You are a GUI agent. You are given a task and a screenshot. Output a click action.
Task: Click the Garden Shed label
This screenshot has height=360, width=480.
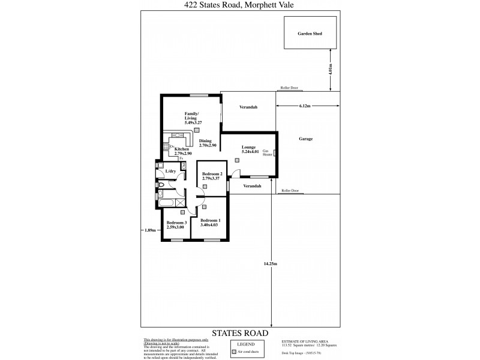point(310,34)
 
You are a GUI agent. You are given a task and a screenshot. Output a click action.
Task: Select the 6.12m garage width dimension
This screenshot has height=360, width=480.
point(304,106)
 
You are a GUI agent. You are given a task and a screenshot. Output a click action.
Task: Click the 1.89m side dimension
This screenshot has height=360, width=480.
point(150,230)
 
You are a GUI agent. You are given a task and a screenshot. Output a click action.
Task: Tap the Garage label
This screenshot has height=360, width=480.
point(305,139)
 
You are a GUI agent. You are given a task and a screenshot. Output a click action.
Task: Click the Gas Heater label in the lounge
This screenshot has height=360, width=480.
point(268,153)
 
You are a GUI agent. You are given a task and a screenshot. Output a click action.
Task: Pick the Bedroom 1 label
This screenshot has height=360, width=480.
point(211,223)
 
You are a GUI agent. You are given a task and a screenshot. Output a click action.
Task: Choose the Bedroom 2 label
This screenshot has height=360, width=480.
point(212,176)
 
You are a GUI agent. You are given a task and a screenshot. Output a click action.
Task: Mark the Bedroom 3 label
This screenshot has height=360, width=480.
point(176,225)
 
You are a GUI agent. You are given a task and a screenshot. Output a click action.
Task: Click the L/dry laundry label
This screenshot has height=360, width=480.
point(170,172)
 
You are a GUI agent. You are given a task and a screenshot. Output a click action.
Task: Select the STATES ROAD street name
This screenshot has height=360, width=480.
point(239,332)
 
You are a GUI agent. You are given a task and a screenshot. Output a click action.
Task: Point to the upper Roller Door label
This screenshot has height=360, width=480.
point(289,88)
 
